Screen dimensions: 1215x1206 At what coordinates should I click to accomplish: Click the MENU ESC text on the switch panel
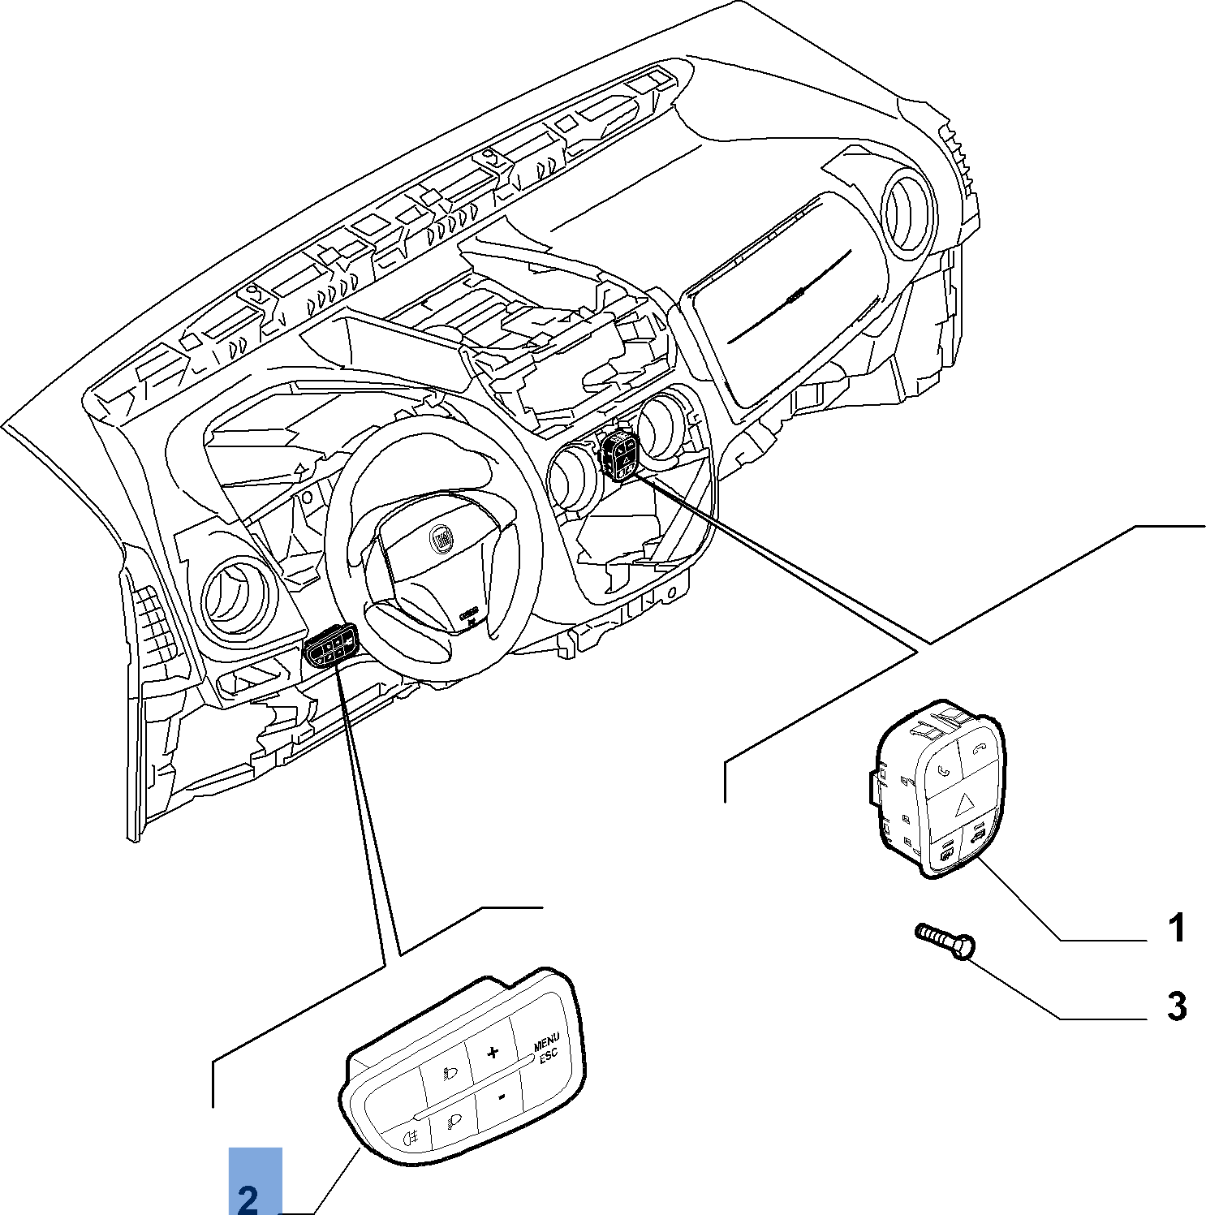[546, 1048]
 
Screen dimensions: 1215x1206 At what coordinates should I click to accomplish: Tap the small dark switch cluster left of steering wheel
[331, 645]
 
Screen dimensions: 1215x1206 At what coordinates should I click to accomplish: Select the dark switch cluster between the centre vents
[620, 456]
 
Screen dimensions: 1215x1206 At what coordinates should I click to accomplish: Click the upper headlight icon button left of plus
[448, 1073]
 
